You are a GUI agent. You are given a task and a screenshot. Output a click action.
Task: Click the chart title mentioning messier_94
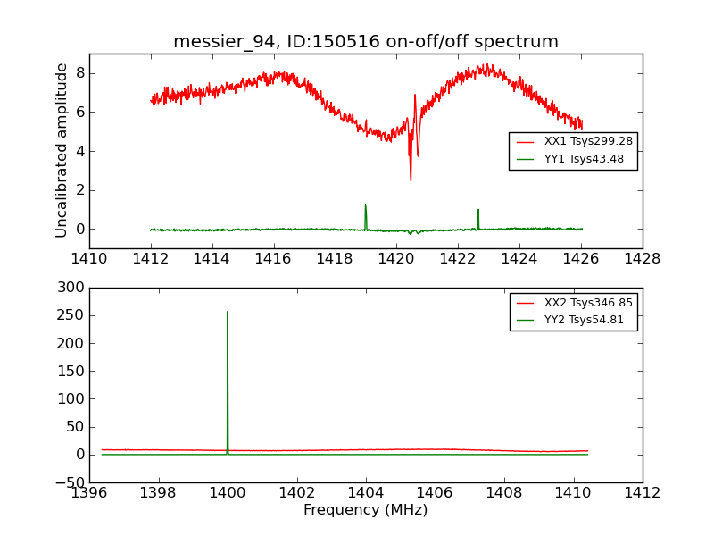(366, 42)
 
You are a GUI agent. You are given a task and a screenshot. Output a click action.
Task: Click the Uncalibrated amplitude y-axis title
(62, 150)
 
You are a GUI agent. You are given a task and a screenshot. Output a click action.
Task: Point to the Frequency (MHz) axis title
(366, 510)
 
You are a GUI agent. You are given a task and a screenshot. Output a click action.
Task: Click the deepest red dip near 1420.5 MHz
(411, 179)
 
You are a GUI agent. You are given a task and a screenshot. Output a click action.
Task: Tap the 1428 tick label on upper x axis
(643, 259)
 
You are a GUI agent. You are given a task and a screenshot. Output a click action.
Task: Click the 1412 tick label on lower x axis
(643, 492)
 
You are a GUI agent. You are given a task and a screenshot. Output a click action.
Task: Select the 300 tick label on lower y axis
(71, 288)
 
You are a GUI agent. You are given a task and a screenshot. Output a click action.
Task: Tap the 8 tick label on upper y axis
(79, 73)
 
